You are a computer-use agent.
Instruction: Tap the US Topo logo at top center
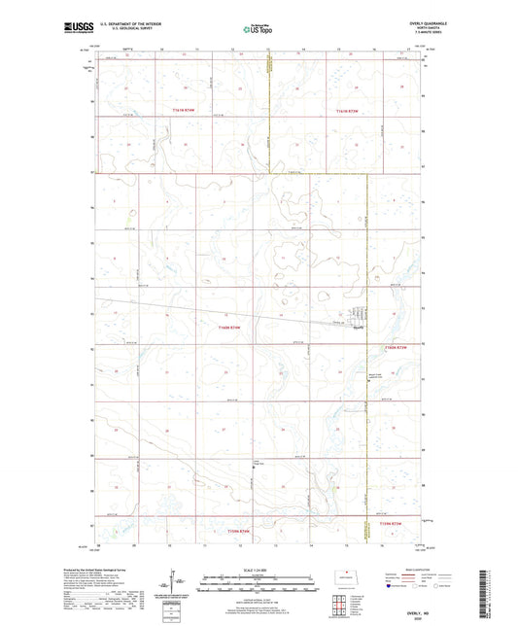click(256, 30)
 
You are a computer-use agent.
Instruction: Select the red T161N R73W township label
click(347, 111)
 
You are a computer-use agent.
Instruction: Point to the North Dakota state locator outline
click(342, 576)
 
